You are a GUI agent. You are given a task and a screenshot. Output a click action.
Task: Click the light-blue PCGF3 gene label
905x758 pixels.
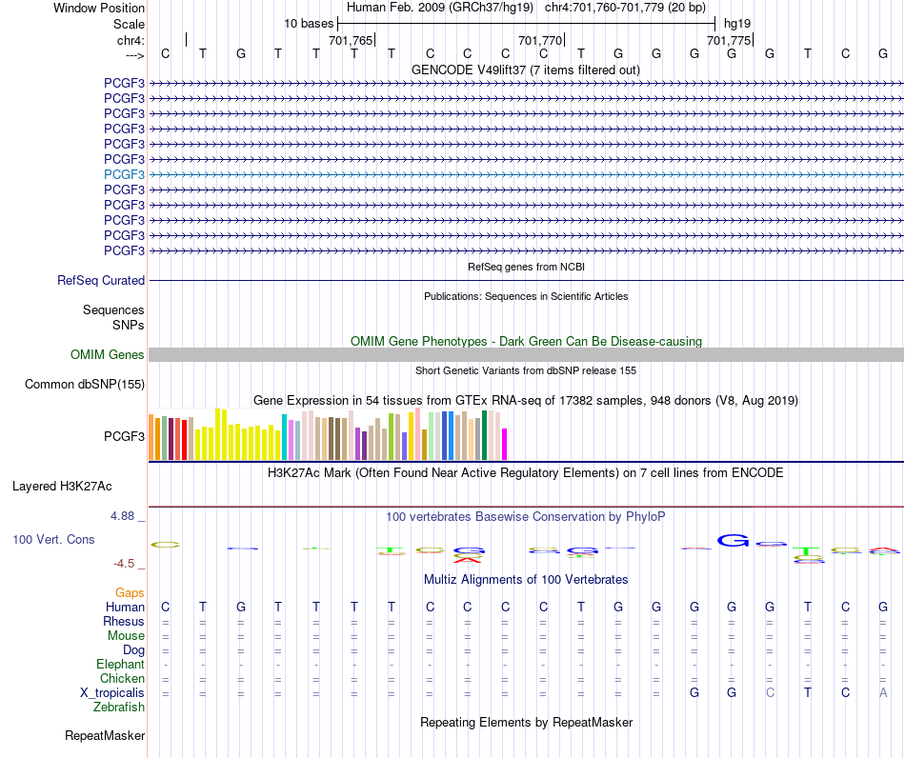click(124, 174)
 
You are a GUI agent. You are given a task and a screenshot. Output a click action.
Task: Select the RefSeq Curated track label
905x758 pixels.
click(101, 280)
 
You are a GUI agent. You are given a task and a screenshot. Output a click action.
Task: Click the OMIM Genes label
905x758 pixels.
click(108, 355)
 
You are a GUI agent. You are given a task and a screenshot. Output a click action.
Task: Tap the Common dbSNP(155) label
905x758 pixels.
click(85, 384)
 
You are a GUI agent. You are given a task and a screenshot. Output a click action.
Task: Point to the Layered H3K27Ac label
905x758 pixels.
click(62, 487)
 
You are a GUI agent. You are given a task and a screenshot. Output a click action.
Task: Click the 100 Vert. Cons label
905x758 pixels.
click(53, 539)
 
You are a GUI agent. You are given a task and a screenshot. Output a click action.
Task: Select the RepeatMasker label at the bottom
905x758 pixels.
click(105, 735)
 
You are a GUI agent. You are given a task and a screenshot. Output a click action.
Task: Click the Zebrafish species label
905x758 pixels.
click(119, 707)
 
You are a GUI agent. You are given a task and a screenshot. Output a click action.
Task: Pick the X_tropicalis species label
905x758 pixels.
click(112, 693)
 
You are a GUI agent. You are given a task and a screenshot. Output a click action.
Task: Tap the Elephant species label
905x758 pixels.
click(121, 664)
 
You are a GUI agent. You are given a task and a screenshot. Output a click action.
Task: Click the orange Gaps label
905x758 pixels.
click(130, 592)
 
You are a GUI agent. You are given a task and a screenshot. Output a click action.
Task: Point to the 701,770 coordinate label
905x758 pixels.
click(539, 40)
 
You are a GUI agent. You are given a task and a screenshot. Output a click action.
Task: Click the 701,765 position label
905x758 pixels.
click(351, 40)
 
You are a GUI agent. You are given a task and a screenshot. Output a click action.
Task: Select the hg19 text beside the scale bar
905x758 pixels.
click(737, 24)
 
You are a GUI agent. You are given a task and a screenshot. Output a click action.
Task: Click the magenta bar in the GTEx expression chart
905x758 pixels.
click(505, 444)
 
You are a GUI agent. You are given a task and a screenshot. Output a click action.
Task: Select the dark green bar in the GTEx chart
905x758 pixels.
click(485, 435)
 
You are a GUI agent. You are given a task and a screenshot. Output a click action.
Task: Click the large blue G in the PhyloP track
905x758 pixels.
click(733, 541)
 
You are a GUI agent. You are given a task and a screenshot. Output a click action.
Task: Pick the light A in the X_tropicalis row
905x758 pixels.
click(883, 693)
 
